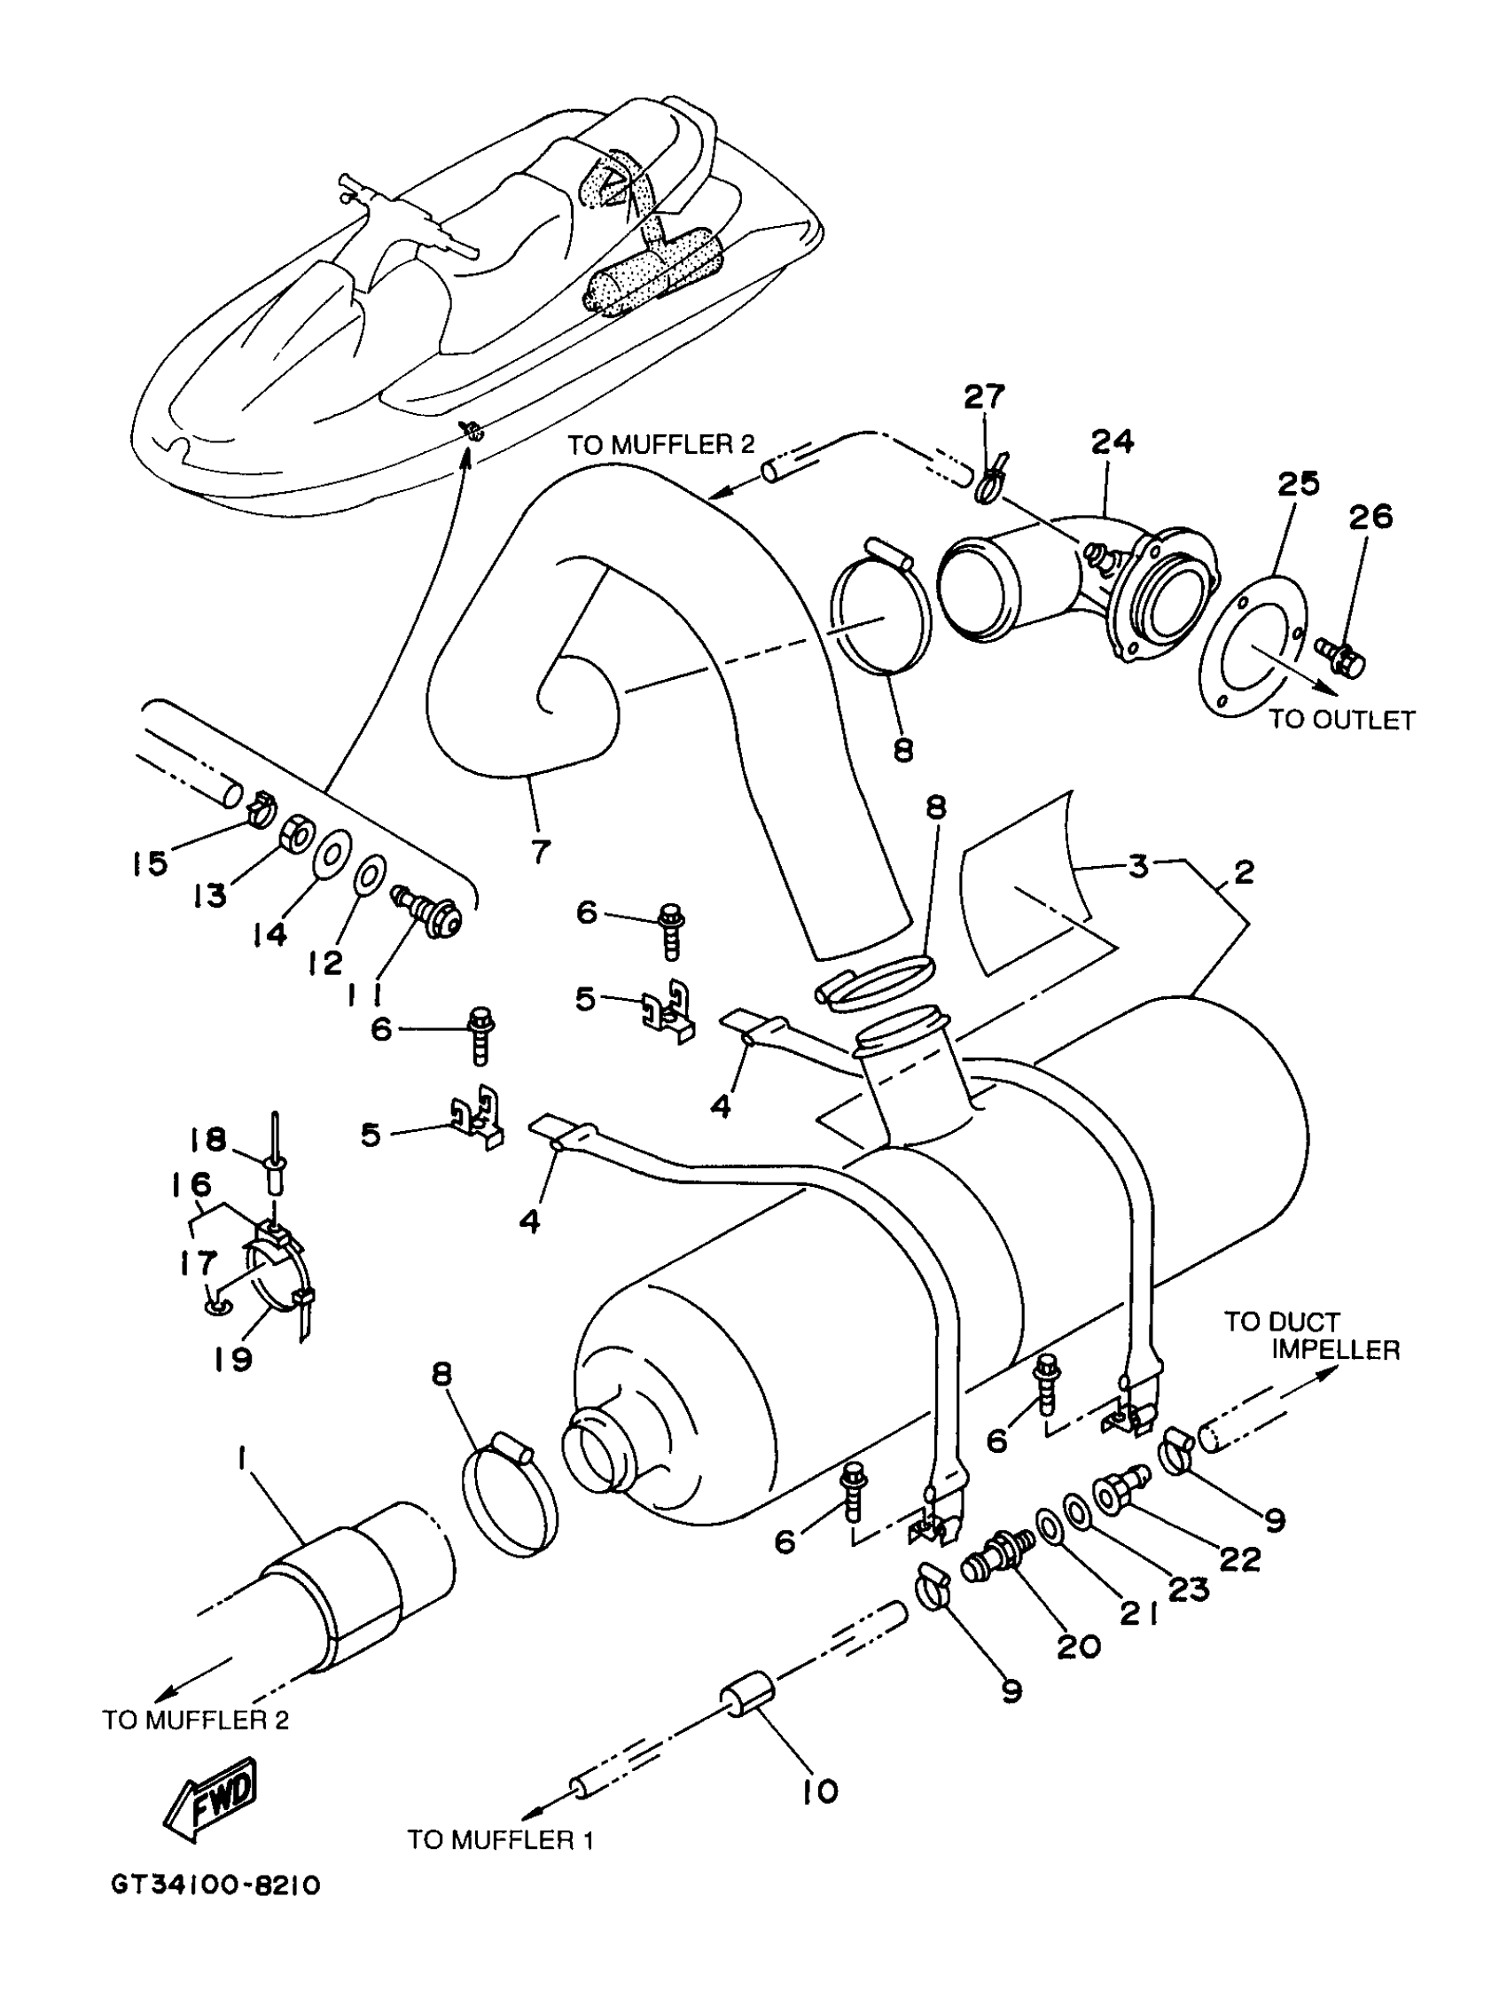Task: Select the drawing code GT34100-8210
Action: coord(216,1910)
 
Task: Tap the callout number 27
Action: coord(983,397)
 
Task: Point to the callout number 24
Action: coord(1113,441)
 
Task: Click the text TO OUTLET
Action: coord(1340,720)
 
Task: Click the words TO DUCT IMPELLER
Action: coord(1310,1335)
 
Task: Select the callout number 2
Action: coord(1244,871)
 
